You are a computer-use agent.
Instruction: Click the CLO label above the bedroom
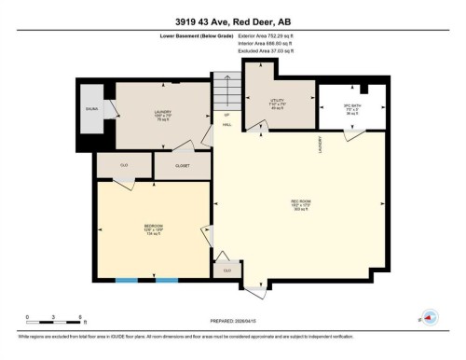pos(124,165)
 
